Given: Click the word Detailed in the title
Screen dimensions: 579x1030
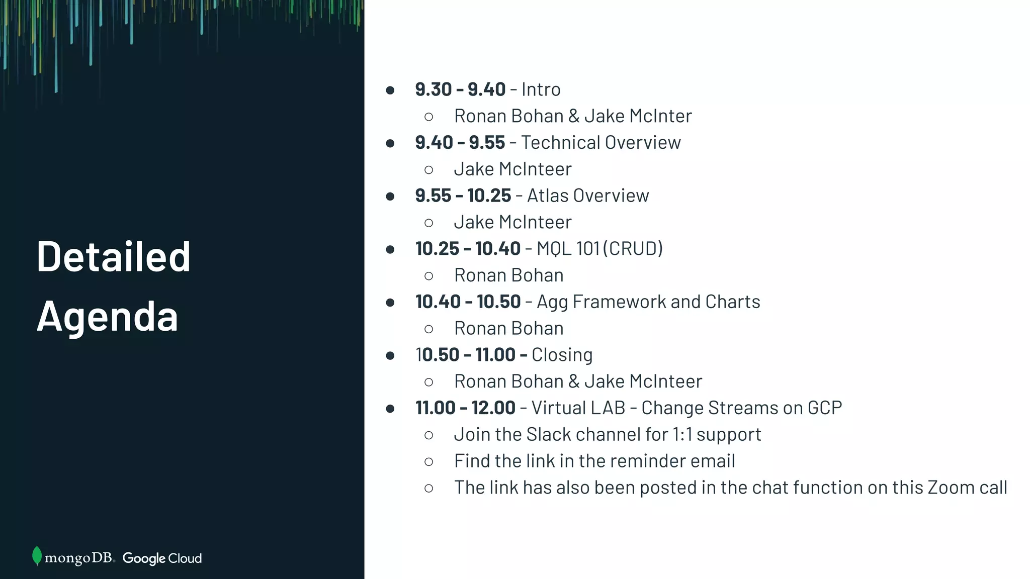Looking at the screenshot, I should (x=114, y=257).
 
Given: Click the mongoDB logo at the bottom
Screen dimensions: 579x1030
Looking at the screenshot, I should (x=73, y=557).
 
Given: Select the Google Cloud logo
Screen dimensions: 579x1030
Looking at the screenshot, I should (x=162, y=558).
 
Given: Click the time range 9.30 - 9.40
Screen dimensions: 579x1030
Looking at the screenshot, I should (x=460, y=89).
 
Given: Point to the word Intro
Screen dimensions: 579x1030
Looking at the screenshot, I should (x=541, y=89).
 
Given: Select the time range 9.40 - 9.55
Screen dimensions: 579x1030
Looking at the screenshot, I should (x=460, y=143).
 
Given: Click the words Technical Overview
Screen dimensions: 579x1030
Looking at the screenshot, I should (x=601, y=143).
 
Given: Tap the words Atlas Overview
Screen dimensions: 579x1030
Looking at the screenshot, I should (x=588, y=196).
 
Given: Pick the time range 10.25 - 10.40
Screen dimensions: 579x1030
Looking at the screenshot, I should (x=468, y=249).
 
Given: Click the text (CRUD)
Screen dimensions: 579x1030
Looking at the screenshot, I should (x=633, y=249).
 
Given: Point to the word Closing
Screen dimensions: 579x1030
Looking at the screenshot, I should (x=562, y=355).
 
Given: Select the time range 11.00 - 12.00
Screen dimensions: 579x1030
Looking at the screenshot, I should (x=465, y=408).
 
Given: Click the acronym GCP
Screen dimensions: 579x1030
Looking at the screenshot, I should (x=825, y=408).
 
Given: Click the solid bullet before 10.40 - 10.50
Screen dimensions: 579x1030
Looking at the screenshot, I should (x=390, y=303).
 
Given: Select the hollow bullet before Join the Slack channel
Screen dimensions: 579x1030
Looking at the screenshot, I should (x=428, y=435).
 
